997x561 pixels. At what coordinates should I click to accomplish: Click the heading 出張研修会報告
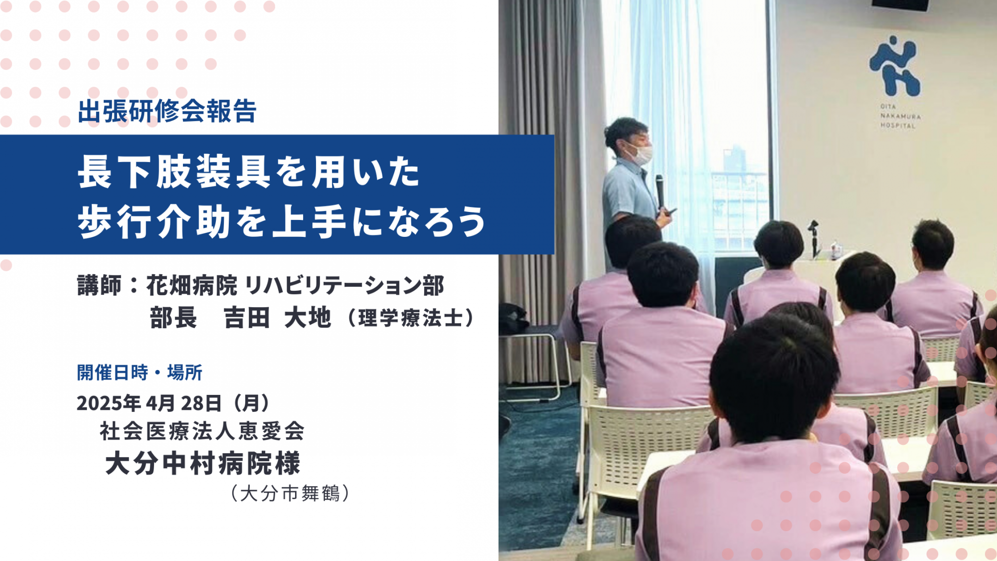coord(167,111)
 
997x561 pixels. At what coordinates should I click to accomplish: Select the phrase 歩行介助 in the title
coord(155,221)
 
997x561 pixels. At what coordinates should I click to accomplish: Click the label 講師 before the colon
coord(99,286)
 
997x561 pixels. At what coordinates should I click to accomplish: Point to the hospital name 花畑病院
coord(192,286)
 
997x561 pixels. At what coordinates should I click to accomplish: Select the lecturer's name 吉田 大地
coord(277,318)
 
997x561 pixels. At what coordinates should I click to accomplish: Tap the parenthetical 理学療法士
coord(411,318)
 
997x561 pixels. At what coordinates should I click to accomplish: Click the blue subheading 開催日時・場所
coord(140,373)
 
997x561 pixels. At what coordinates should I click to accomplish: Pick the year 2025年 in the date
coord(109,403)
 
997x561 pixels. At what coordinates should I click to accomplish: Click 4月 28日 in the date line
coord(183,403)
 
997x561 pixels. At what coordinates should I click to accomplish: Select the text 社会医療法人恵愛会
coord(202,431)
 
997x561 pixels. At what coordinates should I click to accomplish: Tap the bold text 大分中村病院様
coord(203,463)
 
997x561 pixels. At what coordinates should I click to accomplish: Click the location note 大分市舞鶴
coord(291,494)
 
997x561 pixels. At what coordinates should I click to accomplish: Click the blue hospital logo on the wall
coord(895,66)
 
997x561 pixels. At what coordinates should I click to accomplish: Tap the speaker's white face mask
coord(641,153)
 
